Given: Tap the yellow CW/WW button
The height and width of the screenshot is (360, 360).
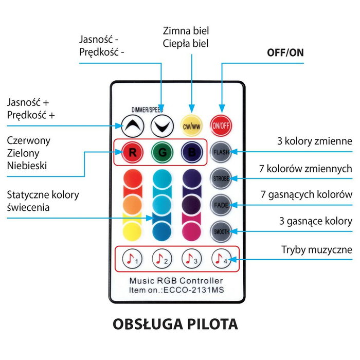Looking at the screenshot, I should pos(191,124).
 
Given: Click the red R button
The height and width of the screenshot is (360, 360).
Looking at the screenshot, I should pos(132,153).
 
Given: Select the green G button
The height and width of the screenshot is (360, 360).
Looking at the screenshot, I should pos(161,153).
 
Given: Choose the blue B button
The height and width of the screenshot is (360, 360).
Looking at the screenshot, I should pos(191,153).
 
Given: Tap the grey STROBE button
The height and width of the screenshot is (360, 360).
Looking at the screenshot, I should pos(221,178).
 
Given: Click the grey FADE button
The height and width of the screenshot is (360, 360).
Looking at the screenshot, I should pos(221,205).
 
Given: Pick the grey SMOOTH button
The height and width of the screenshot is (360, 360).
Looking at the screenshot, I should pos(221,231).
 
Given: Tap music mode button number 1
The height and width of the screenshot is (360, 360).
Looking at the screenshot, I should pos(132,259).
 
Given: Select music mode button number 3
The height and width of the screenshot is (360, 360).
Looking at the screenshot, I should pos(191,259).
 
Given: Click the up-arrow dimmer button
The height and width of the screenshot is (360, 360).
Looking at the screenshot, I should pos(132,124).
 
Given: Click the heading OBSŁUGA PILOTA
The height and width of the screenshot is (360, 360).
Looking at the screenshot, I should pos(175,325).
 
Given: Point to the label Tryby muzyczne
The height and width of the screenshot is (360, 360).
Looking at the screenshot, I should pos(316,250).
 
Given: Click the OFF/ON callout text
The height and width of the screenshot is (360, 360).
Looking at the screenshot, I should pos(284,52).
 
